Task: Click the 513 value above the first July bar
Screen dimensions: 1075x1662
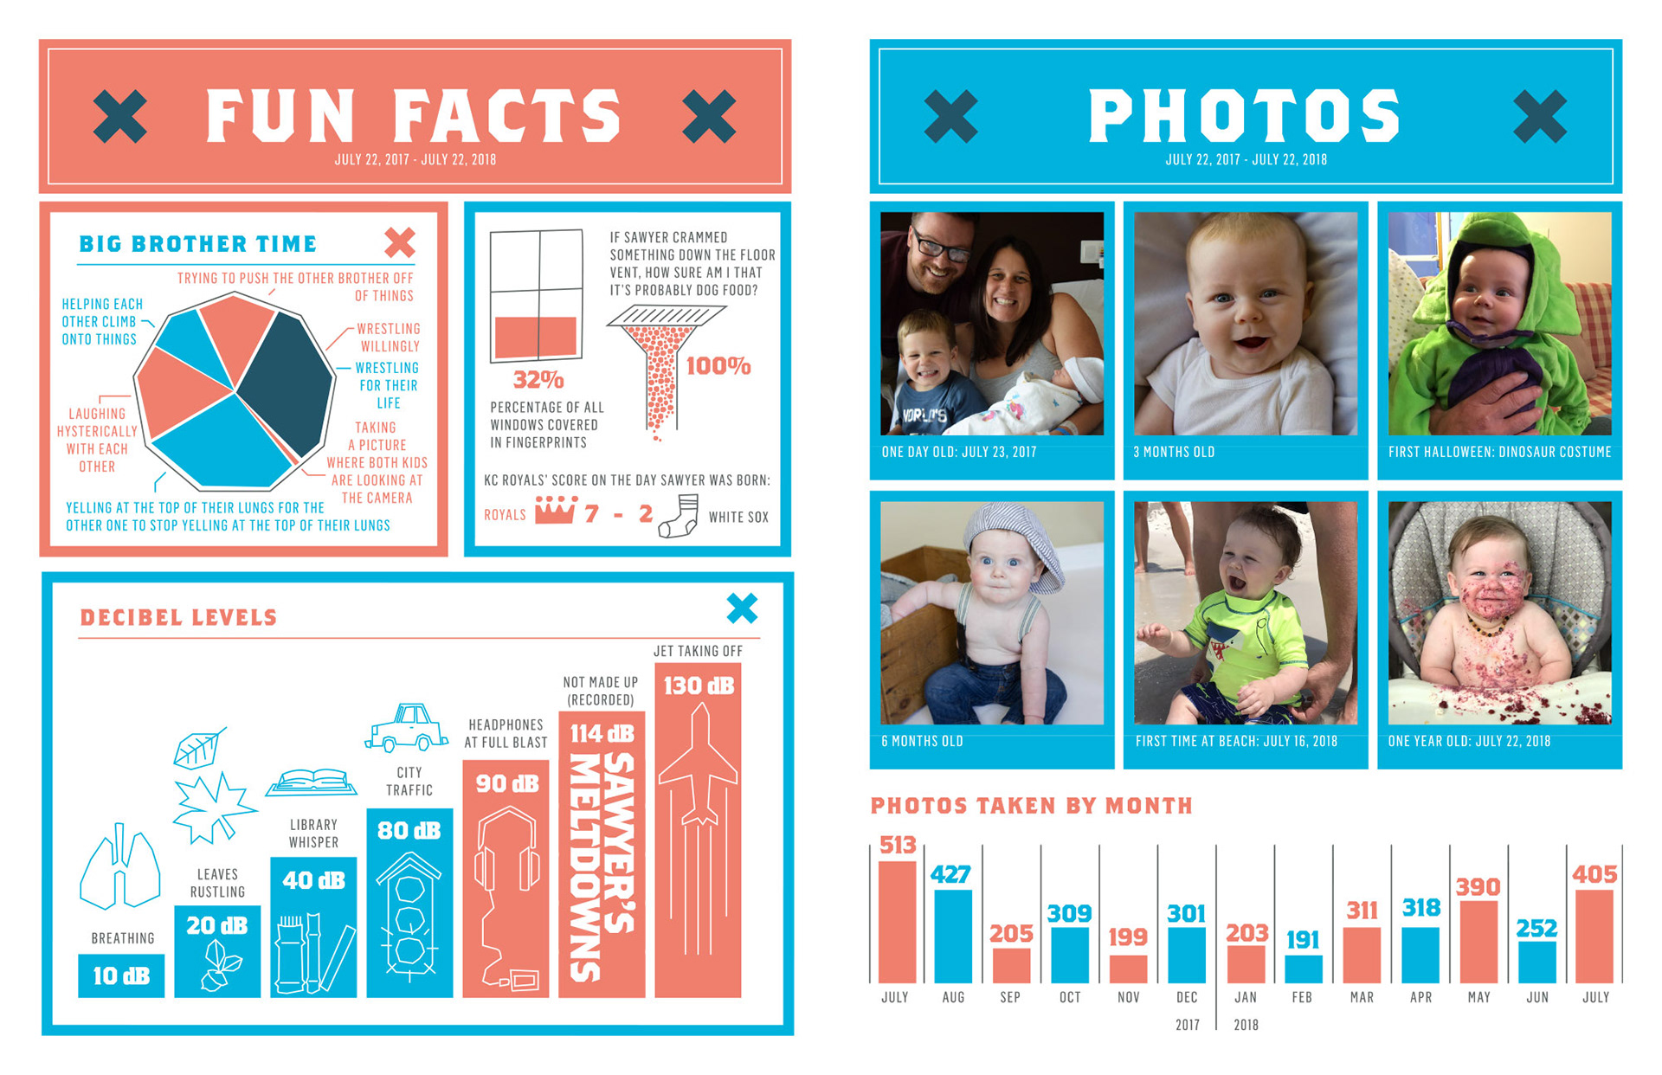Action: [x=897, y=845]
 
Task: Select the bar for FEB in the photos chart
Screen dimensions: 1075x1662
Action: [x=1303, y=969]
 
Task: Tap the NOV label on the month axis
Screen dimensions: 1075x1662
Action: [x=1128, y=997]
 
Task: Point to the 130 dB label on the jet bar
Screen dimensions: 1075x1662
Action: [x=698, y=686]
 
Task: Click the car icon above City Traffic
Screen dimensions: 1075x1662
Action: [x=407, y=727]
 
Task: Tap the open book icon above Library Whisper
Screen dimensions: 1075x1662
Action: [x=312, y=782]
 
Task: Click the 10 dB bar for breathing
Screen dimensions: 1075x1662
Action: [x=121, y=975]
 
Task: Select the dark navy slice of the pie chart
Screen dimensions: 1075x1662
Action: [x=286, y=381]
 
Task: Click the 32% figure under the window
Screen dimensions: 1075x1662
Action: [x=538, y=380]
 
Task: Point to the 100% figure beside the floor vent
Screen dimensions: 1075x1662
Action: [x=718, y=366]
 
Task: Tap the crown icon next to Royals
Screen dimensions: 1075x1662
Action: [x=555, y=511]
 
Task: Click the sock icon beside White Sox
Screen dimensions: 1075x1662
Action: [x=680, y=516]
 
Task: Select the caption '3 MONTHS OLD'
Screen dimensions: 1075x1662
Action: [x=1174, y=452]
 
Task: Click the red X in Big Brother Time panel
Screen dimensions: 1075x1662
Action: [x=399, y=242]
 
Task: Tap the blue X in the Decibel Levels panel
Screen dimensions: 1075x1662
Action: [x=742, y=608]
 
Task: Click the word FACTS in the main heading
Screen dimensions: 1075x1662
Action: [x=507, y=116]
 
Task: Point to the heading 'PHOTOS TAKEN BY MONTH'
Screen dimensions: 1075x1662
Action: [x=1031, y=806]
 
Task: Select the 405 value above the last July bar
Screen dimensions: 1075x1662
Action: [x=1594, y=874]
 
